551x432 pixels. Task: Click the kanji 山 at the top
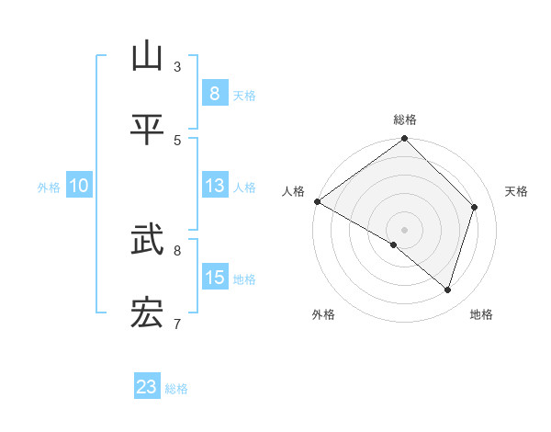(x=147, y=57)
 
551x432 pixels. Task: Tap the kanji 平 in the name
(x=147, y=130)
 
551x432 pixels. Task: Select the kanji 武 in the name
(x=147, y=242)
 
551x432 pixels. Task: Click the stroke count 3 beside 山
(x=177, y=66)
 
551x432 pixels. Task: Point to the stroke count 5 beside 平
(x=177, y=140)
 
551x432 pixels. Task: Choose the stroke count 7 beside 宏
(x=177, y=324)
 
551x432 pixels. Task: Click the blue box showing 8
(x=214, y=94)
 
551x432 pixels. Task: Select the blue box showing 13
(x=214, y=186)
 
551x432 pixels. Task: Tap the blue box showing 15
(x=214, y=278)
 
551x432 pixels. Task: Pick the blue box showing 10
(x=79, y=186)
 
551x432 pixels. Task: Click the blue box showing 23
(x=147, y=387)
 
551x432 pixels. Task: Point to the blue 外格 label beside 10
(x=49, y=187)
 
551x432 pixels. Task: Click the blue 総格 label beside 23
(x=176, y=388)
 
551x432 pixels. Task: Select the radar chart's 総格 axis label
(x=405, y=119)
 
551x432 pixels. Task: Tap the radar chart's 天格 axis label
(x=517, y=191)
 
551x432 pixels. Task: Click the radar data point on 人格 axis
(x=317, y=201)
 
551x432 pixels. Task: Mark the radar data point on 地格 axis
(x=447, y=290)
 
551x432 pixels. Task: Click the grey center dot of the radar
(x=405, y=229)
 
